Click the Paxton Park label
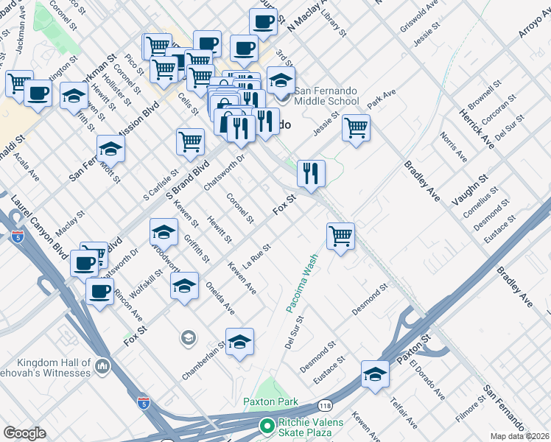point(271,401)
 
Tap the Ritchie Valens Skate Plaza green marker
point(267,426)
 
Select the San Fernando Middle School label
point(327,96)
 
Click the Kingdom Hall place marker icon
point(102,365)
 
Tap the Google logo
point(24,433)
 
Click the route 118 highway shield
point(325,405)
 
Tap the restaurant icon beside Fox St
point(311,172)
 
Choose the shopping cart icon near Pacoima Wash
point(340,236)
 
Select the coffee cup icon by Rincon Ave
point(99,291)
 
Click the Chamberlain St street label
point(205,359)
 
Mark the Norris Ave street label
point(455,148)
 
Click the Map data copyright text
point(520,436)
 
